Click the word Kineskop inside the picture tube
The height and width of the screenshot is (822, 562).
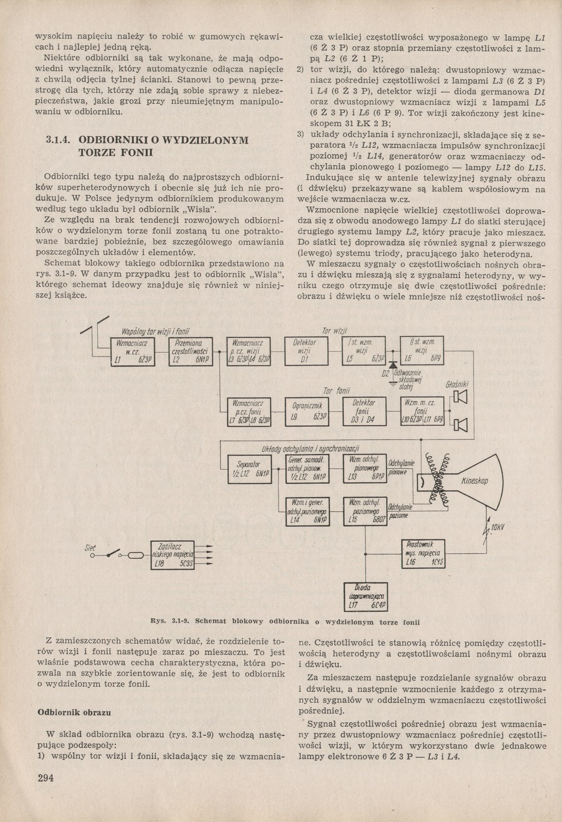coord(474,481)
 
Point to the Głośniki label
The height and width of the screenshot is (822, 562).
coord(457,385)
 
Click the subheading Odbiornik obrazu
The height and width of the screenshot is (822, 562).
coord(74,712)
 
